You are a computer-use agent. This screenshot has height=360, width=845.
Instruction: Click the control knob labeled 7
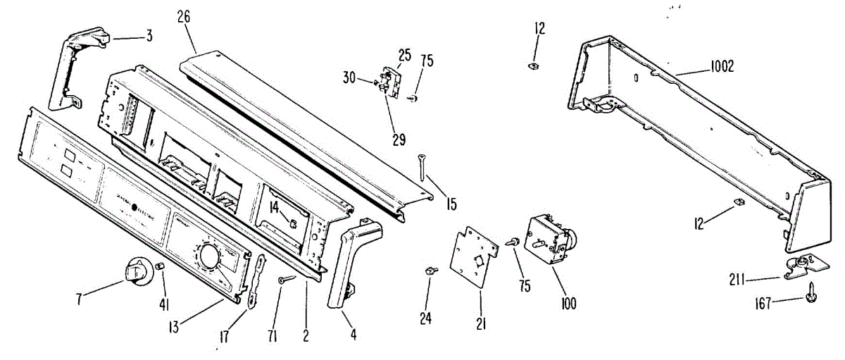[x=137, y=271]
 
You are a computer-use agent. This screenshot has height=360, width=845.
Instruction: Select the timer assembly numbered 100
[x=553, y=240]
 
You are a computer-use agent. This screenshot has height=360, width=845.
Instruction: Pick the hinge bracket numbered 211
[x=803, y=266]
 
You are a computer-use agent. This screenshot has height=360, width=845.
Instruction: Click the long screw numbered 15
[x=423, y=168]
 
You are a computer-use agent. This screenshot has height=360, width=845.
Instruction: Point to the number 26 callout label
[x=184, y=18]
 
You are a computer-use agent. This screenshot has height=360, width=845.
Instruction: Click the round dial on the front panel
[x=209, y=256]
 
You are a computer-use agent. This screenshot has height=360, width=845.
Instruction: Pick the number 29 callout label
[x=399, y=139]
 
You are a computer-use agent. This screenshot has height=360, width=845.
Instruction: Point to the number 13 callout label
[x=173, y=326]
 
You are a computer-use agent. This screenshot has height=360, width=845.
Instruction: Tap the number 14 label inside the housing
[x=275, y=207]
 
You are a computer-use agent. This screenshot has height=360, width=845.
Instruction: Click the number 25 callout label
[x=404, y=54]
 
